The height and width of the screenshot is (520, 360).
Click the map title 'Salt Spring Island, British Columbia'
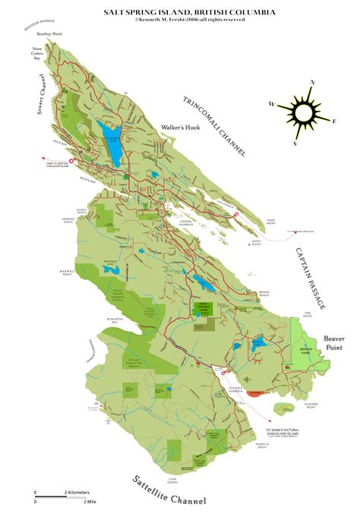189,13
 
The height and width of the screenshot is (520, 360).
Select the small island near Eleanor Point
285,408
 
